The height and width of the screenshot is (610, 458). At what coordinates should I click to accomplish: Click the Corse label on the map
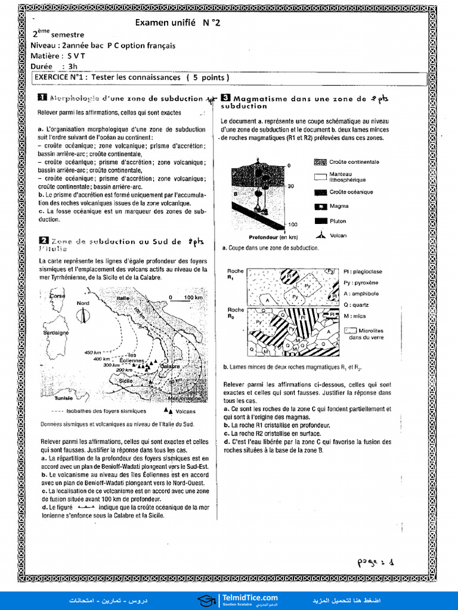(58, 296)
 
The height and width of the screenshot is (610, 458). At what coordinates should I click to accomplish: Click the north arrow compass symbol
(83, 315)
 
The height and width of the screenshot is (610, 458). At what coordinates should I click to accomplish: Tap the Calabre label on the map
(170, 366)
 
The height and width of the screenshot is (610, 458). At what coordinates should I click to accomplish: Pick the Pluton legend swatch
(321, 221)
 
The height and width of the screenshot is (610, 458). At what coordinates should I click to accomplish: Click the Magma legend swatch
(321, 206)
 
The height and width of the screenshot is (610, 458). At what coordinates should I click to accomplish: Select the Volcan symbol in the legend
(321, 235)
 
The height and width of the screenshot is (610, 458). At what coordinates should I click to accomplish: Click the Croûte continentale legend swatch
(321, 162)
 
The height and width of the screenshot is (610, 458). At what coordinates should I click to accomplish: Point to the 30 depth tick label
(291, 186)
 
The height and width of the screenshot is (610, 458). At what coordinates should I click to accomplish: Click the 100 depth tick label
(292, 225)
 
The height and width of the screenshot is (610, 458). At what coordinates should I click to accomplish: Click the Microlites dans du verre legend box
(351, 331)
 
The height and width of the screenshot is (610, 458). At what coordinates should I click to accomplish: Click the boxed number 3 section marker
(225, 98)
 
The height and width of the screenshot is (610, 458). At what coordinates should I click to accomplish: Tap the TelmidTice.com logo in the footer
(239, 599)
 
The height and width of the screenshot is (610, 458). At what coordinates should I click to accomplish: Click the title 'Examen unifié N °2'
(182, 23)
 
